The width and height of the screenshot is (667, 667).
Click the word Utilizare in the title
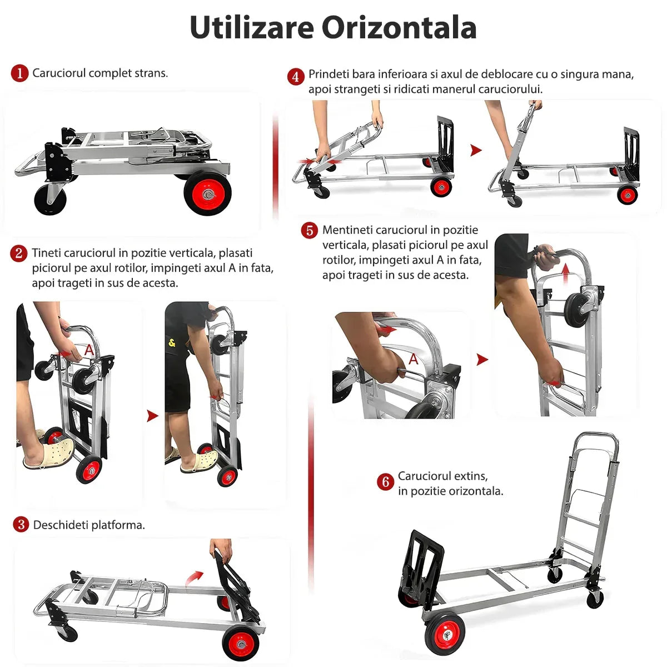[252, 27]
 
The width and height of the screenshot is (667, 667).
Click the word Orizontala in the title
[400, 27]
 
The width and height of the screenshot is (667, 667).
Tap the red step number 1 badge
[19, 73]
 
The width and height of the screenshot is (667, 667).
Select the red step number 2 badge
[19, 253]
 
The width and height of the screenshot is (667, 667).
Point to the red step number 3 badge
[21, 524]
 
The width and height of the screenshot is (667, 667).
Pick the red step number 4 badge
[296, 77]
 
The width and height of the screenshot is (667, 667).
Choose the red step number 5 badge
[310, 231]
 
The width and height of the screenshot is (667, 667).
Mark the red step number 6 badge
[385, 481]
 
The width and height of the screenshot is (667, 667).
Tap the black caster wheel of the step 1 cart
[50, 200]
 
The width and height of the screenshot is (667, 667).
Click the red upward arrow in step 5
[565, 273]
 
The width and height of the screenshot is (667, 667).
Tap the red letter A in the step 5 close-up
[414, 359]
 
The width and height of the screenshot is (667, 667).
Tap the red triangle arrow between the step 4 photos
[476, 150]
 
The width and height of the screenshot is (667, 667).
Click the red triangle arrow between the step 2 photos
[152, 416]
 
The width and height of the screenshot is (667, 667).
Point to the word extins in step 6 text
[472, 476]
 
